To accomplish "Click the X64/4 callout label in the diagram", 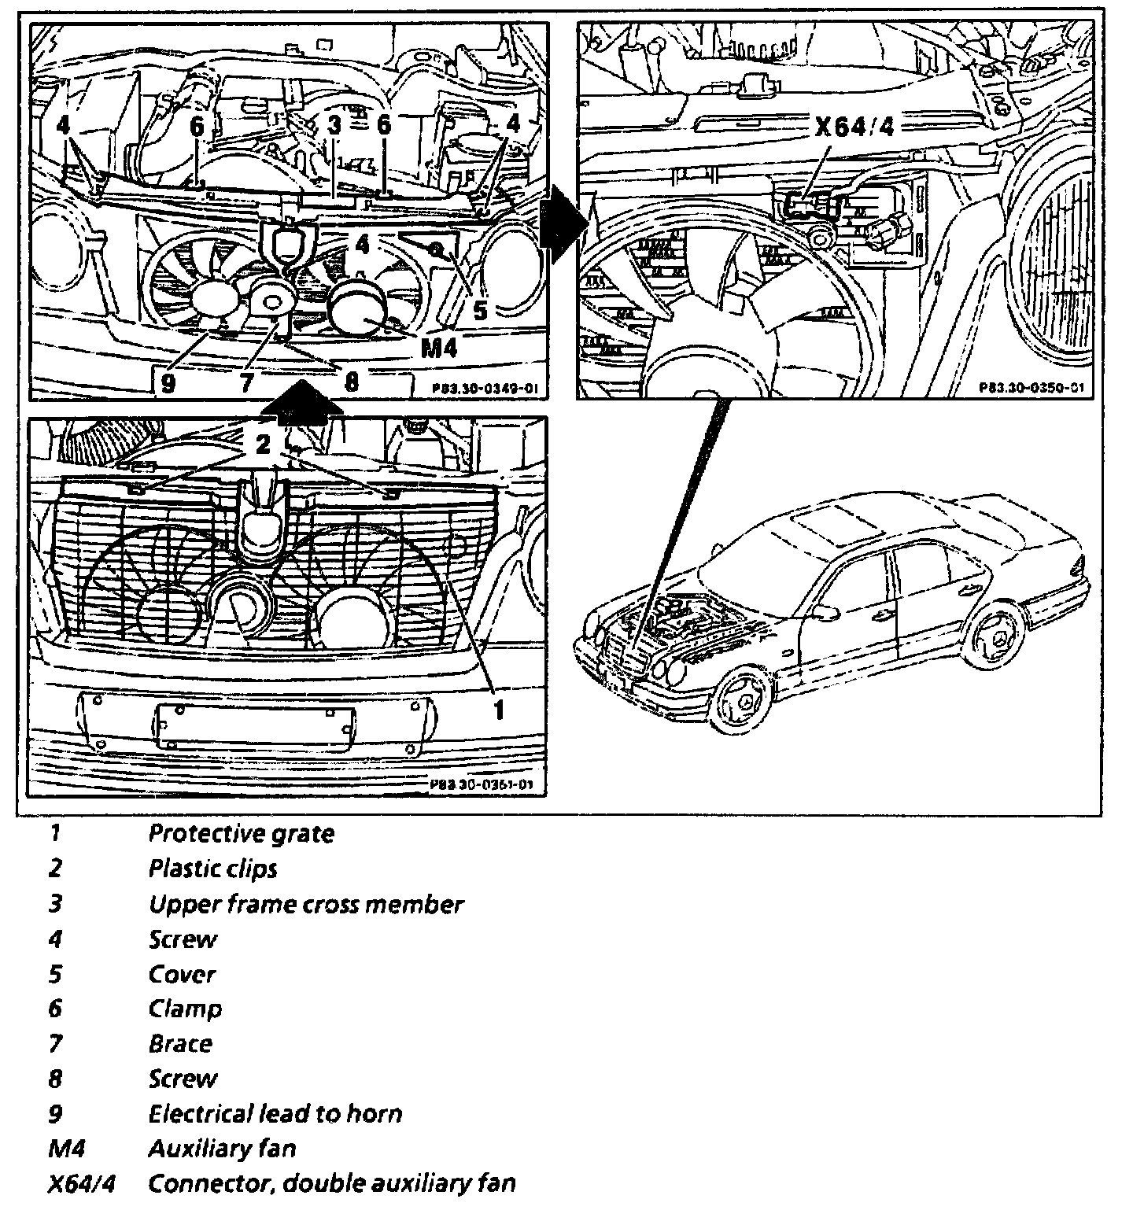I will click(x=854, y=127).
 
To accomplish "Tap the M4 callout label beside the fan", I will click(x=438, y=346).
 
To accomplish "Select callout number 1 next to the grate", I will click(x=499, y=710).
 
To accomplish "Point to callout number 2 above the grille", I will click(x=263, y=445).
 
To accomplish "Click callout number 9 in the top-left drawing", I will click(x=167, y=382).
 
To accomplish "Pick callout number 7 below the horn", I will click(x=248, y=382).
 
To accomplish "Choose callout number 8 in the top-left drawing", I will click(x=351, y=382).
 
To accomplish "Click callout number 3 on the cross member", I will click(x=334, y=124).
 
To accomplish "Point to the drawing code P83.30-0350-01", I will click(x=1032, y=387).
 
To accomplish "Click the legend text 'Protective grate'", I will click(x=241, y=834).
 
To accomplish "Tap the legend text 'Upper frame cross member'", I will click(x=305, y=904).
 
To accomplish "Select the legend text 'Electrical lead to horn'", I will click(x=275, y=1114).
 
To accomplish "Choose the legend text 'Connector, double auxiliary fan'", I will click(x=331, y=1183).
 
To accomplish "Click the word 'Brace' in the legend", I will click(x=180, y=1044).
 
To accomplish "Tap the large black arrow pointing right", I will click(x=562, y=231).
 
